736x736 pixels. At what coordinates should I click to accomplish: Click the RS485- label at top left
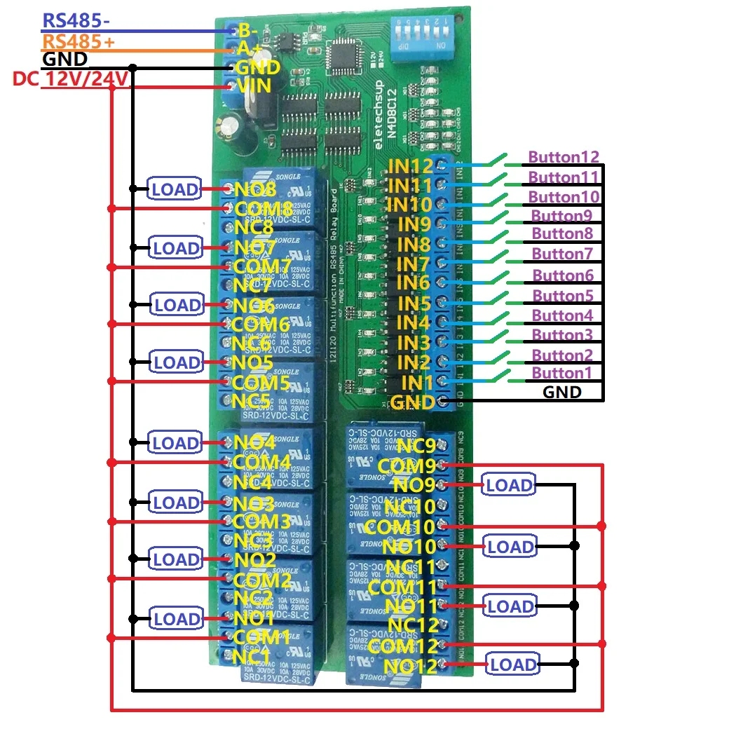coord(76,21)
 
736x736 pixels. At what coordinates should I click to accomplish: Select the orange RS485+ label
coord(79,41)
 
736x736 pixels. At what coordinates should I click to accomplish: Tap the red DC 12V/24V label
coord(71,79)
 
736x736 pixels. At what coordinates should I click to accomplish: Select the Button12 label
coord(564,158)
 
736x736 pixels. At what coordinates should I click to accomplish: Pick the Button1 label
coord(561,373)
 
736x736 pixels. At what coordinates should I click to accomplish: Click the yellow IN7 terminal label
coord(413,264)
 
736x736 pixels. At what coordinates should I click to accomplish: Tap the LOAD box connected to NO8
coord(176,188)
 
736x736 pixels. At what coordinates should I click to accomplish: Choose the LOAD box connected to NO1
coord(176,619)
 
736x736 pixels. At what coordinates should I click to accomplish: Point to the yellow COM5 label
coord(260,383)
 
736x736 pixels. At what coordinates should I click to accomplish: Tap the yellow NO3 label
coord(254,503)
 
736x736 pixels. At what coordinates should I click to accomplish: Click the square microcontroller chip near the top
coord(348,53)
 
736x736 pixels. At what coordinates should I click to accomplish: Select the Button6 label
coord(563,275)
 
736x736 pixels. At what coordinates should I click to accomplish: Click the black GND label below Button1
coord(562,392)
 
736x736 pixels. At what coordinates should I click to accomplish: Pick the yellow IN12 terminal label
coord(410,167)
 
